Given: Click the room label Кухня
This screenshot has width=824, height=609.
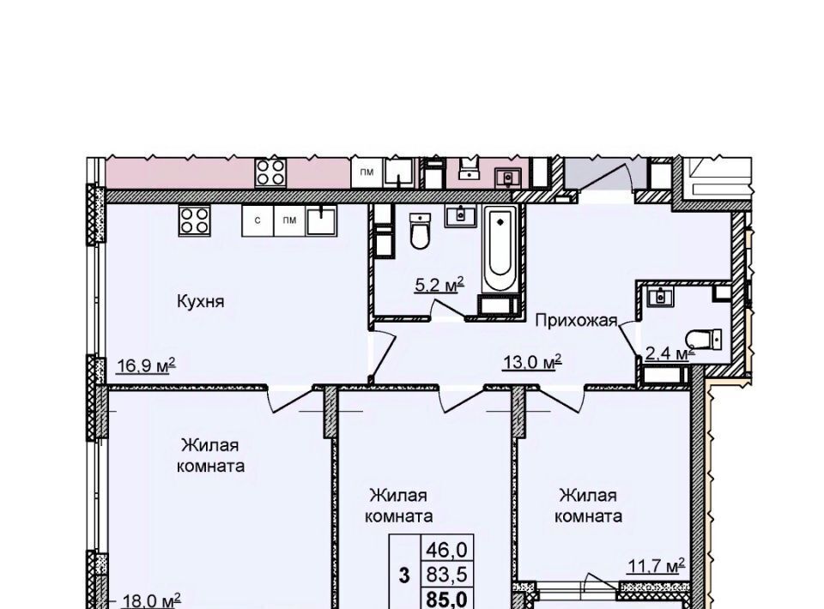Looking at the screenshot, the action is click(200, 301).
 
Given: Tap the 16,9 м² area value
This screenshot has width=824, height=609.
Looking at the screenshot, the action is click(146, 365).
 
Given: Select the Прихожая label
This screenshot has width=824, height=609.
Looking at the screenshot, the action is click(576, 320).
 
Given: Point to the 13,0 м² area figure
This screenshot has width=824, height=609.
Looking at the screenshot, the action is click(532, 361).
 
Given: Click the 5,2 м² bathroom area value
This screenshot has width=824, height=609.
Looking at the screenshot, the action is click(439, 285).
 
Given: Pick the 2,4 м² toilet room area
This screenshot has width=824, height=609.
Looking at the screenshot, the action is click(669, 353).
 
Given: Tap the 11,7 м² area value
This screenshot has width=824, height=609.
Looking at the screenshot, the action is click(657, 566).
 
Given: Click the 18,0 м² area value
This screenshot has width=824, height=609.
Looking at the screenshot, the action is click(151, 600).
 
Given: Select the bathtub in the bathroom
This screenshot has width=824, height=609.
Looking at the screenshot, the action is click(500, 249).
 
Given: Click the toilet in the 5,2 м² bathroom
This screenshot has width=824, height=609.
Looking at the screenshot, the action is click(420, 231).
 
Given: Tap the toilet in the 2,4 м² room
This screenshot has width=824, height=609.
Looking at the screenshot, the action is click(705, 339).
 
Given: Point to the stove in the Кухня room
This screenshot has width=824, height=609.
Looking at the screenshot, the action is click(195, 220).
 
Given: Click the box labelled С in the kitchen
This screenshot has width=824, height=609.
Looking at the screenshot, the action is click(257, 220).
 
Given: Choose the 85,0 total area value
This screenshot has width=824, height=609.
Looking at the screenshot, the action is click(446, 600).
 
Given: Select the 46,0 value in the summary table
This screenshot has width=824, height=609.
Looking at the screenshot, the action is click(446, 550).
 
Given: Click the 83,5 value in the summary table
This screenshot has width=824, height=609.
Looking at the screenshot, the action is click(446, 575).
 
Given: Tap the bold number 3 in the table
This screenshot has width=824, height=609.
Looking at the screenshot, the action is click(403, 576).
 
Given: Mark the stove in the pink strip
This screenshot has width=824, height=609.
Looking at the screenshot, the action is click(271, 172).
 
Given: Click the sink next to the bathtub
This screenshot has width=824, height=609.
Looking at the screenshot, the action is click(461, 216).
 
